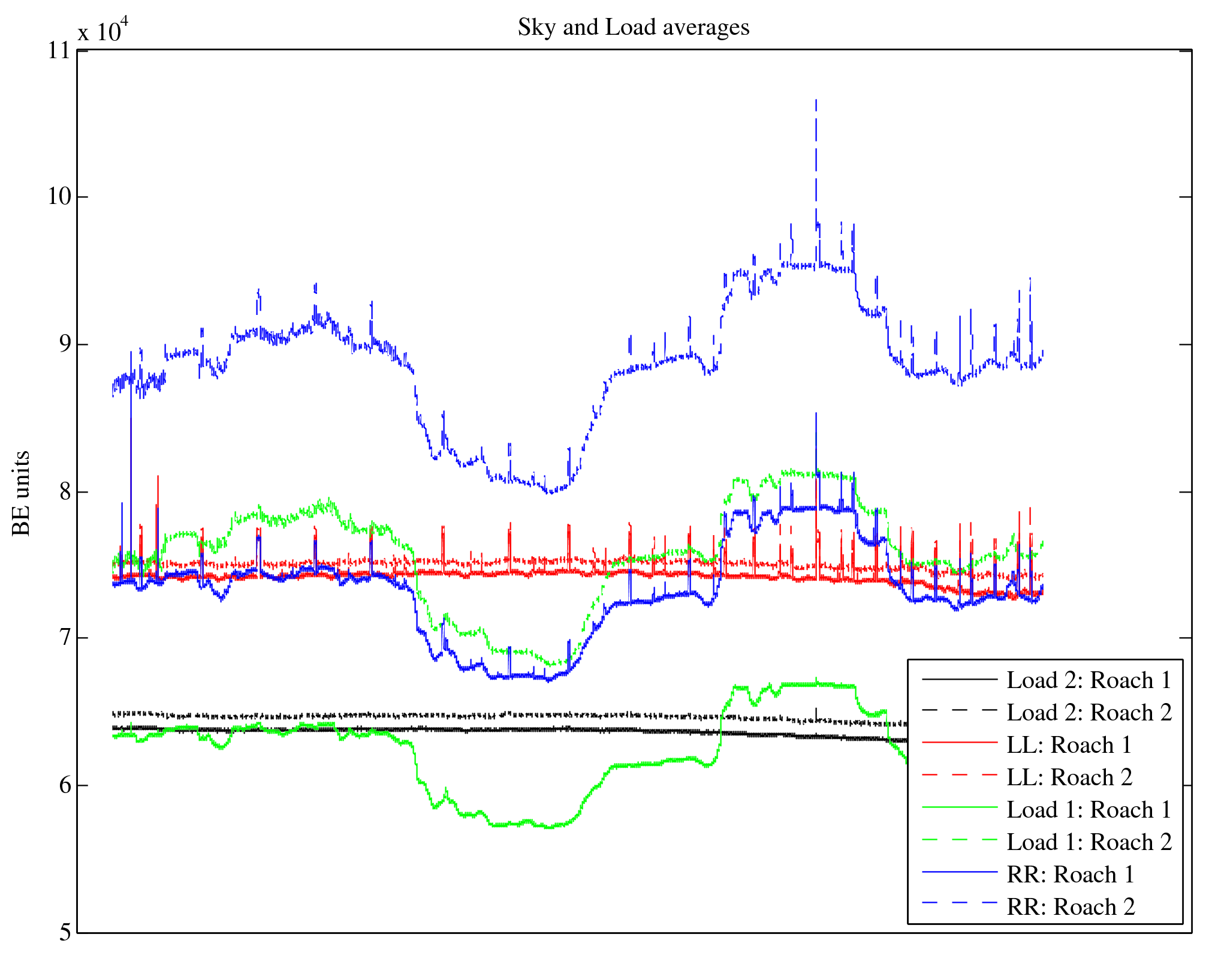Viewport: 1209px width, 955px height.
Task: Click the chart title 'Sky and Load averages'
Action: click(634, 28)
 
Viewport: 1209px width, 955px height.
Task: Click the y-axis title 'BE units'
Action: click(22, 493)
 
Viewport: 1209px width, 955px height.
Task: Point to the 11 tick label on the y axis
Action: click(59, 50)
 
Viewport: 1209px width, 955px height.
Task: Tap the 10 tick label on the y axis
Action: click(59, 197)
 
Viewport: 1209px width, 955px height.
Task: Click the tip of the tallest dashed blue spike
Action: click(816, 100)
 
